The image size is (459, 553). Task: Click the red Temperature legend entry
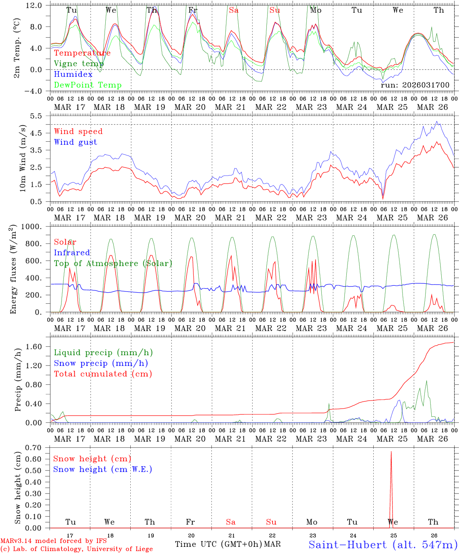pos(82,53)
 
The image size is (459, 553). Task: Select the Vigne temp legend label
pos(79,64)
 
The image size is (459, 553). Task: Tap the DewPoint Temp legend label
pos(88,85)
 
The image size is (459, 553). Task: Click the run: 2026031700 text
pos(415,85)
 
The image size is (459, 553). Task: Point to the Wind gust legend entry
pos(75,142)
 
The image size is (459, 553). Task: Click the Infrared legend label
pos(72,253)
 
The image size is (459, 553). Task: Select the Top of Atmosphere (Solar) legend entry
pos(113,263)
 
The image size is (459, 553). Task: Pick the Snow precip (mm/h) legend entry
pos(101,363)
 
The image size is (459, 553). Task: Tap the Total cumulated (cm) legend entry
pos(103,374)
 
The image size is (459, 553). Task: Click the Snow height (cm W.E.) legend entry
pos(103,469)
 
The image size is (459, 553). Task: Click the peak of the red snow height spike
pos(391,452)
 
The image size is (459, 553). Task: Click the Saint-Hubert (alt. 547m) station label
pos(383,545)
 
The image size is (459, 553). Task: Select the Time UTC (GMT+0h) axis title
pos(219,544)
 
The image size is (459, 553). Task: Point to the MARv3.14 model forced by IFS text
pos(53,541)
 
